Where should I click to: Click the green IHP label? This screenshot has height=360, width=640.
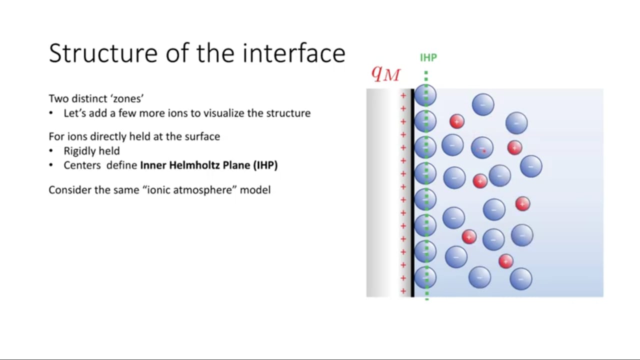[x=428, y=57]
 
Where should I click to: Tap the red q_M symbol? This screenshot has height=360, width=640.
[x=385, y=73]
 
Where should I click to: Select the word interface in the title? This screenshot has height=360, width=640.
[x=294, y=53]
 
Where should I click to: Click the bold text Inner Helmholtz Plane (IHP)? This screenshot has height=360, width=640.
[x=209, y=165]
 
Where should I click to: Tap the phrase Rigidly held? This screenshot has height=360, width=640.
[x=91, y=151]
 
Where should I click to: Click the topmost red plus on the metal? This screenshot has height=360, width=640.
[x=403, y=95]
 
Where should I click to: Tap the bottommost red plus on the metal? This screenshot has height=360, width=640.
[x=403, y=291]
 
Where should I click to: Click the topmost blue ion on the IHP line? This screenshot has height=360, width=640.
[x=425, y=95]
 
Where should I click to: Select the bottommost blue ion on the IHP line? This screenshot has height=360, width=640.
[x=425, y=277]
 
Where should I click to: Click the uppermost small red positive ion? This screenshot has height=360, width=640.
[x=457, y=121]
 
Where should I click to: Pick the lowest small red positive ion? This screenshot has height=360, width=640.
[x=505, y=261]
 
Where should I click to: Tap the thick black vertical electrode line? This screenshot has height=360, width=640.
[x=412, y=193]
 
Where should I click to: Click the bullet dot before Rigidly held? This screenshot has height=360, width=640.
[x=51, y=150]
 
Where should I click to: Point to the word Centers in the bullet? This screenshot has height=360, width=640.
[x=82, y=165]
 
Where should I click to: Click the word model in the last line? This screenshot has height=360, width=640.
[x=255, y=189]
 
